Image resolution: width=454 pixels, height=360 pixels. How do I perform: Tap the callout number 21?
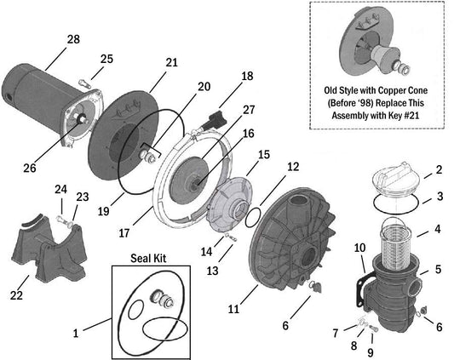(171, 62)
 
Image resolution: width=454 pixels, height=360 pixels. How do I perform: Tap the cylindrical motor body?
(38, 98)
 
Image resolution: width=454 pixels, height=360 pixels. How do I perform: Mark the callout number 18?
(247, 76)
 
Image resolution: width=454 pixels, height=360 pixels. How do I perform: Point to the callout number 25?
(106, 59)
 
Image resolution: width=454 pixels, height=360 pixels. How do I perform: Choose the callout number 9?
(371, 351)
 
